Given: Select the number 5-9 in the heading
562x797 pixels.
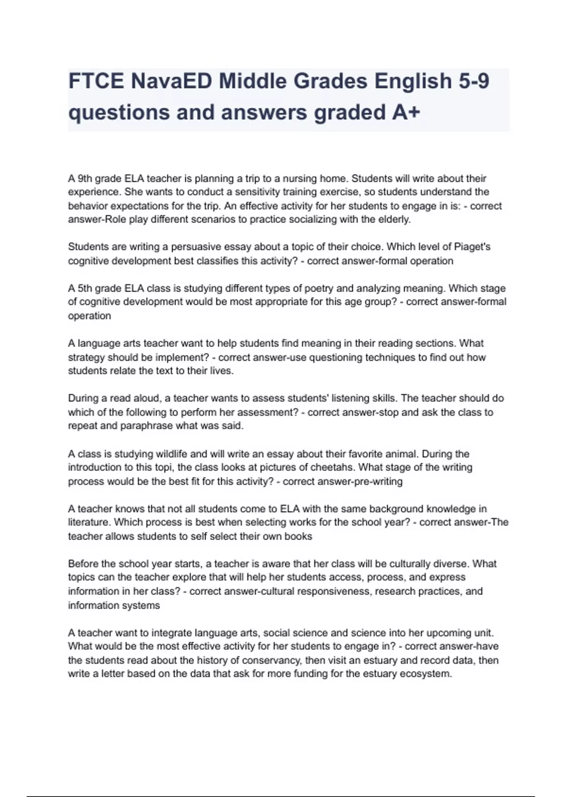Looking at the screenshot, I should [x=472, y=81].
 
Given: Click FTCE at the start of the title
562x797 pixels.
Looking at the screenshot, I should [x=96, y=81].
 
